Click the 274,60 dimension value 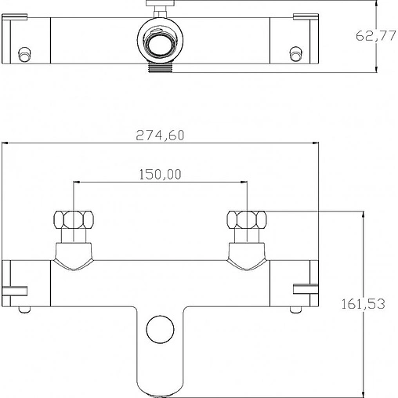(160, 135)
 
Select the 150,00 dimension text (160, 175)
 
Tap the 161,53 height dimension (363, 304)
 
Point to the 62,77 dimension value (376, 35)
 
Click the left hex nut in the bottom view (74, 219)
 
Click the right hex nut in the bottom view (247, 219)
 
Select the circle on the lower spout (160, 329)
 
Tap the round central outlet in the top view (160, 41)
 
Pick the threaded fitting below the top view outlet (160, 67)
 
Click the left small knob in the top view (24, 54)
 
